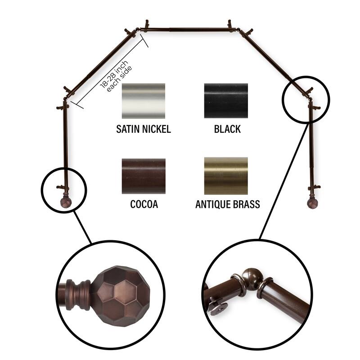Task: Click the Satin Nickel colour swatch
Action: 144,101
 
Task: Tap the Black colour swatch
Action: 226,101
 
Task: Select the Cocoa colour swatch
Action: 144,176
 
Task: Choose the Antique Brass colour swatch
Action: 226,175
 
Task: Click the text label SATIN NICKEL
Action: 144,130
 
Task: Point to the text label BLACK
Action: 227,130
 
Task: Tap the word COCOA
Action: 144,205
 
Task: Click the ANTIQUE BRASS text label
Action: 228,205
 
